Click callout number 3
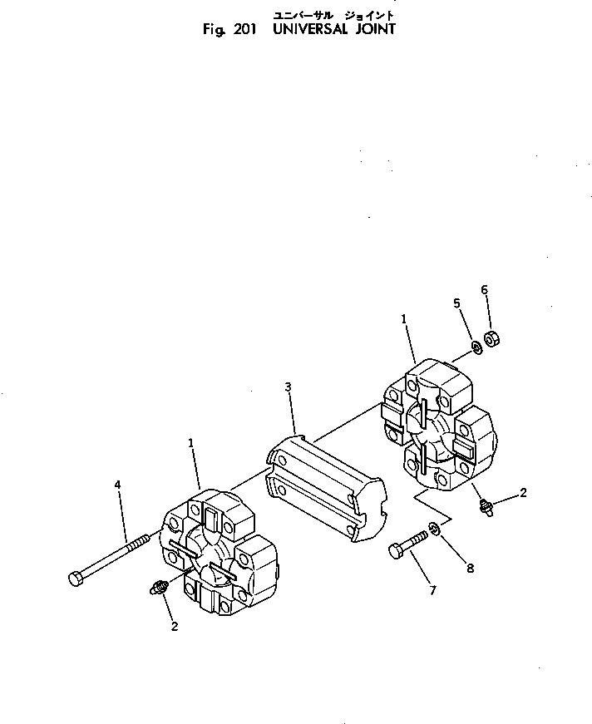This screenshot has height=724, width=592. [288, 387]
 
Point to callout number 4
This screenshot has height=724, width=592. [117, 484]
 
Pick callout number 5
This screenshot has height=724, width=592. [456, 303]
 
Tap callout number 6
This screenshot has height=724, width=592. [484, 289]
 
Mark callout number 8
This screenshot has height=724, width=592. [470, 569]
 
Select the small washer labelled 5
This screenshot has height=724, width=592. [476, 346]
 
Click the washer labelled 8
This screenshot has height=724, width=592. [435, 528]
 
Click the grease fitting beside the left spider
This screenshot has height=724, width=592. [156, 589]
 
